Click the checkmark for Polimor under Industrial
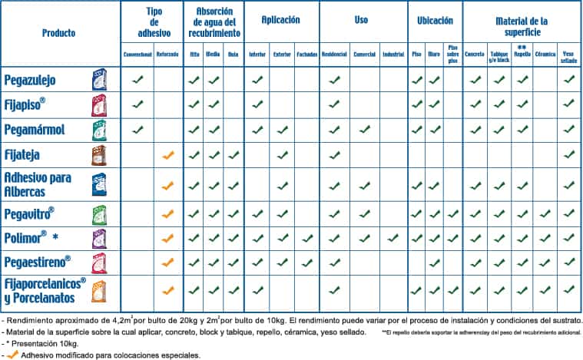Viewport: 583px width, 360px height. (x=393, y=238)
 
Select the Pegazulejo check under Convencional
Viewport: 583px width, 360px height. (x=138, y=79)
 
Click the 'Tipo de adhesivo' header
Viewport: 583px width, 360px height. (x=152, y=23)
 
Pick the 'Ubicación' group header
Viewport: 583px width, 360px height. (x=434, y=19)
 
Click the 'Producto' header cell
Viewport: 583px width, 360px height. (x=59, y=33)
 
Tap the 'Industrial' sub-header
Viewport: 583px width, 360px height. (x=393, y=54)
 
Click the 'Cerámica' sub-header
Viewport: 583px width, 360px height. (x=545, y=54)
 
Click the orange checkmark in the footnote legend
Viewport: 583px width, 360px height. (x=12, y=355)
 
